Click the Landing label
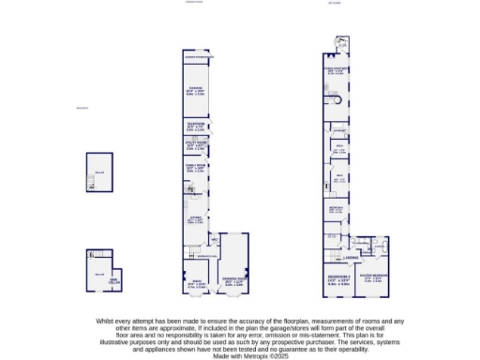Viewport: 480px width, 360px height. pyautogui.click(x=350, y=256)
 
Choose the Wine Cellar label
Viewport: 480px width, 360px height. pyautogui.click(x=112, y=280)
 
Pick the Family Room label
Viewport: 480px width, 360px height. pyautogui.click(x=197, y=167)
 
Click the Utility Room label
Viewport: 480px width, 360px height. pyautogui.click(x=197, y=145)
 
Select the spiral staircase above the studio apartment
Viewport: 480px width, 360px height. pyautogui.click(x=340, y=41)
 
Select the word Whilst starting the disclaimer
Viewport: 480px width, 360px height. pyautogui.click(x=105, y=321)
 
